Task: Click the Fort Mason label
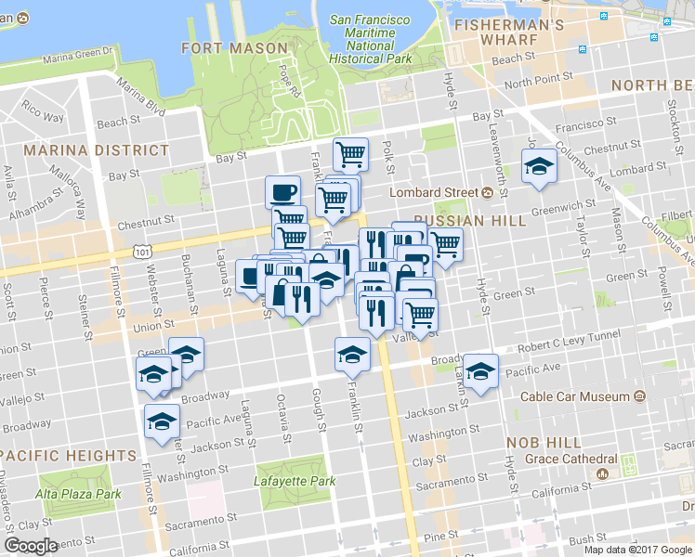[x=234, y=47]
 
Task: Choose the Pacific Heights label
[x=69, y=456]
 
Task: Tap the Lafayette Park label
[x=295, y=482]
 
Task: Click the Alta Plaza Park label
[x=78, y=494]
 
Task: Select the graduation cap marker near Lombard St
[x=538, y=167]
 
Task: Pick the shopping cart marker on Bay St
[x=350, y=154]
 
